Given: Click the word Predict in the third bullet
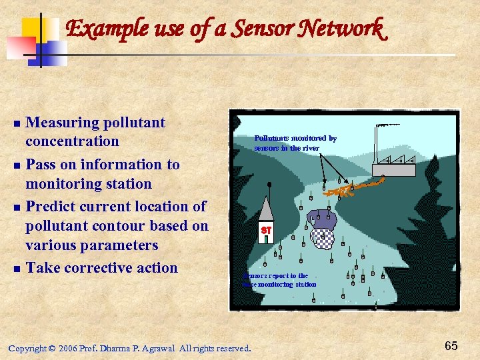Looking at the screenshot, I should [x=53, y=207].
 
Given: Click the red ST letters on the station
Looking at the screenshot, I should [x=266, y=230].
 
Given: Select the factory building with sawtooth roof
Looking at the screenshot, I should [x=394, y=165].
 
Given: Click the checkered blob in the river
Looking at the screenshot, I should [x=323, y=237].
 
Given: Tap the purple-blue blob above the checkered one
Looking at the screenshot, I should [x=323, y=219].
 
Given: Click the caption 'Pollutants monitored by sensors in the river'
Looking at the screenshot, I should [x=295, y=143].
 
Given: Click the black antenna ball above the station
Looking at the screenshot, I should [x=269, y=185].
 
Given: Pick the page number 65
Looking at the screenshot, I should [x=451, y=345].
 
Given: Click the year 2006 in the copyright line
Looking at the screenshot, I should [x=67, y=348].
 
